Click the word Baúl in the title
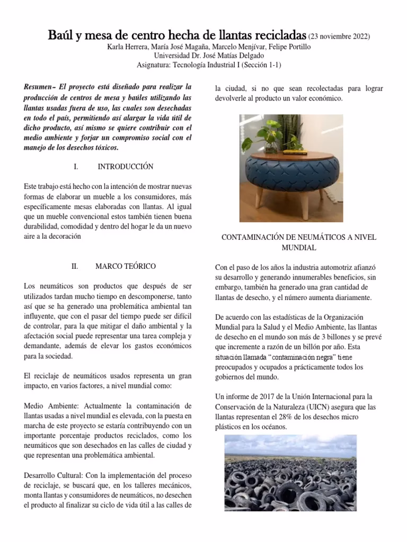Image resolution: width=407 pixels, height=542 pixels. tap(61, 36)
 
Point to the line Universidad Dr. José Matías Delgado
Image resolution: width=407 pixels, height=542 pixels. tap(203, 56)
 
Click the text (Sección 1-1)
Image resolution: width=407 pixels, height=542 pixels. tap(261, 65)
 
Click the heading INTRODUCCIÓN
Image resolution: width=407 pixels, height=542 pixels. tap(126, 167)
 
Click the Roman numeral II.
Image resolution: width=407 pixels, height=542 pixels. tap(75, 266)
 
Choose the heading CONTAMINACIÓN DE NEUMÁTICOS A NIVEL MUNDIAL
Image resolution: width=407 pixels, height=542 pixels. tap(298, 242)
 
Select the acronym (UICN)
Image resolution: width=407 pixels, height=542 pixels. tap(330, 407)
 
